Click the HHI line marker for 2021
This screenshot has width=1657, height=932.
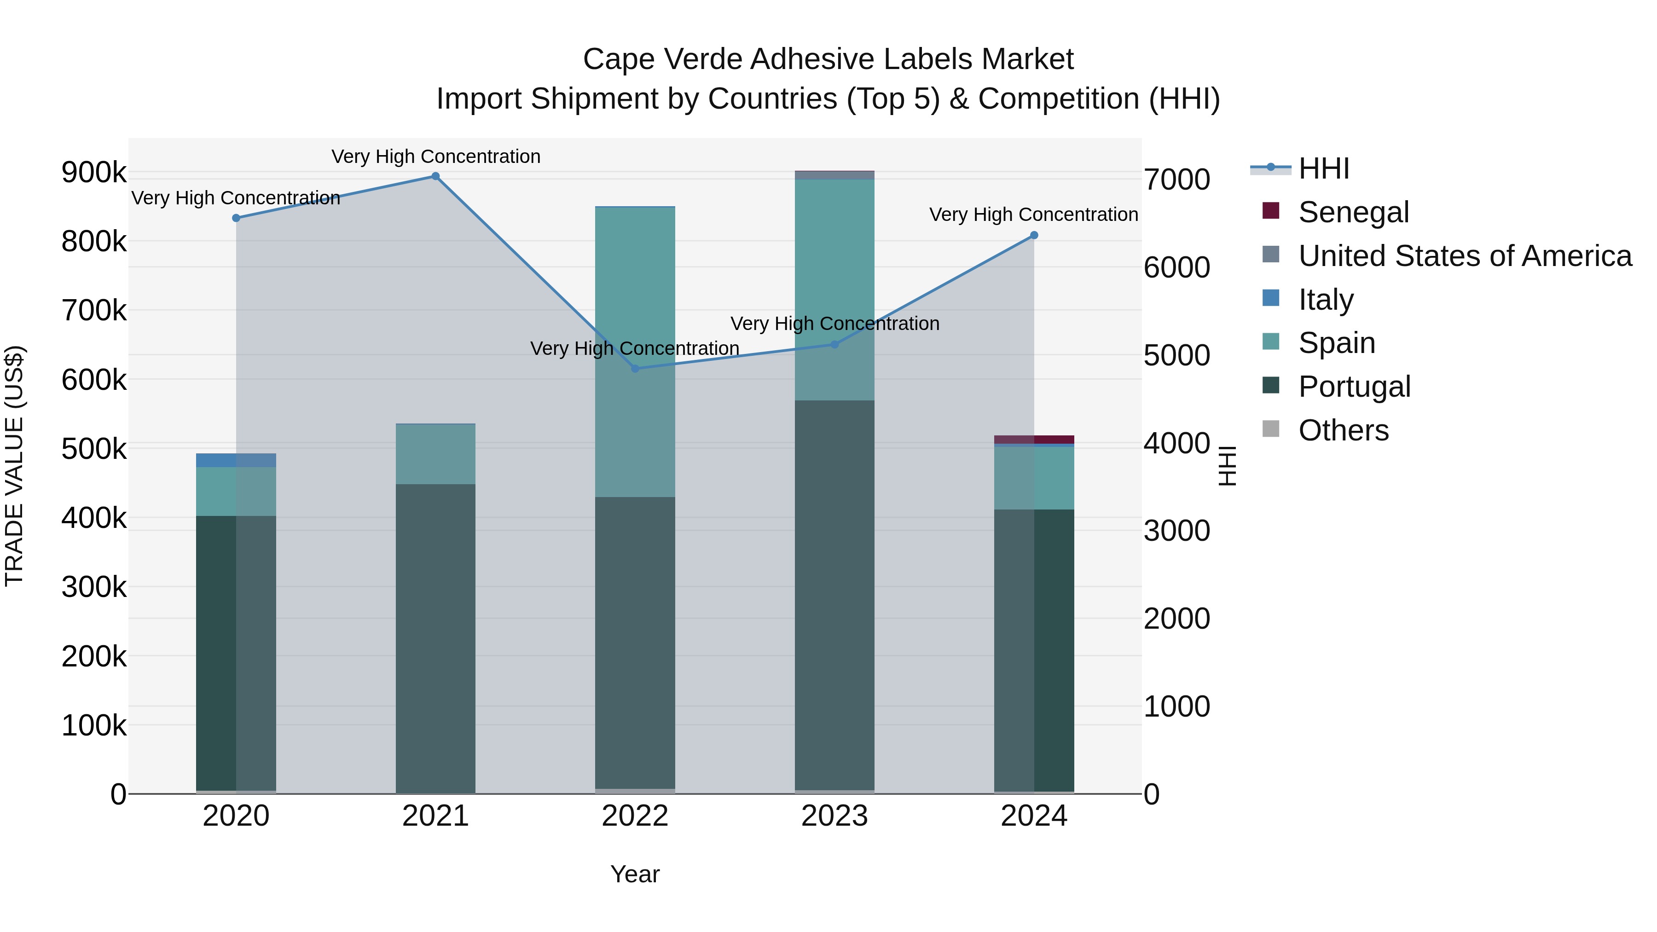tap(435, 176)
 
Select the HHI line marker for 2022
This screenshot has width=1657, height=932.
tap(635, 369)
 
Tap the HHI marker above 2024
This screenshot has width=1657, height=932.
tap(1034, 235)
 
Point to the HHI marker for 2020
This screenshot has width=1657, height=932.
tap(236, 218)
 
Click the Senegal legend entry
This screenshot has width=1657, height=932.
tap(1353, 212)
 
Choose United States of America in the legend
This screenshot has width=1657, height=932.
tap(1465, 256)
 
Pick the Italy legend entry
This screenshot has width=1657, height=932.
tap(1326, 300)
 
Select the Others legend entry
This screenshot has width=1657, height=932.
tap(1343, 430)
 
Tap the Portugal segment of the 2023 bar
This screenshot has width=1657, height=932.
tap(834, 595)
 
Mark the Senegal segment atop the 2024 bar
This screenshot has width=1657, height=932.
tap(1034, 440)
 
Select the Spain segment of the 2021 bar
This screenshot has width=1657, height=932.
tap(435, 454)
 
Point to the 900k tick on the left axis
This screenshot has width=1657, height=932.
tap(94, 173)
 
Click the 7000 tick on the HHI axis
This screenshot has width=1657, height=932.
tap(1176, 179)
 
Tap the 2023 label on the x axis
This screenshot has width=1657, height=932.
tap(834, 816)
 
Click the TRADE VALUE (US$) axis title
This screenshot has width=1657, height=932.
tap(14, 466)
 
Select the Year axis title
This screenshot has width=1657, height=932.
tap(635, 874)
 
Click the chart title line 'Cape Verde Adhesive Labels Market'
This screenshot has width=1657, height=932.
tap(828, 59)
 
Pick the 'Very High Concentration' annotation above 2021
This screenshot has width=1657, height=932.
tap(435, 156)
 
